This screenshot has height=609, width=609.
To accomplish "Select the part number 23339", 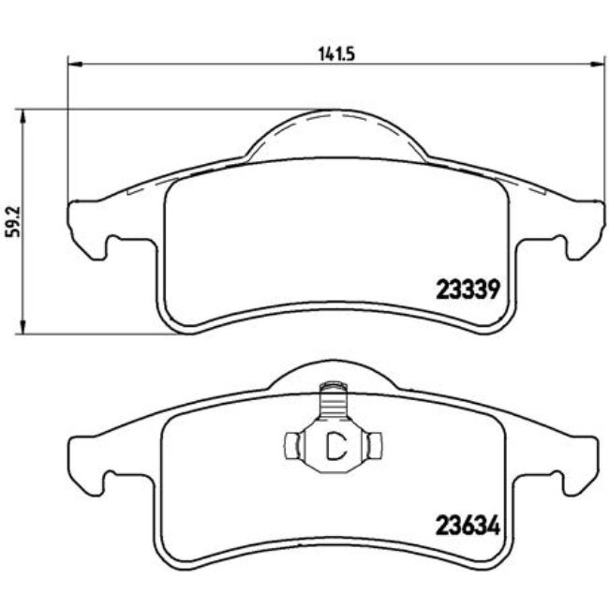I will (x=465, y=290).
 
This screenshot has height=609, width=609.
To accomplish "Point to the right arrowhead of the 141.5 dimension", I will (x=597, y=65).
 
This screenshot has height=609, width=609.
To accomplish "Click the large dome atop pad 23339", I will (x=334, y=136).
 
